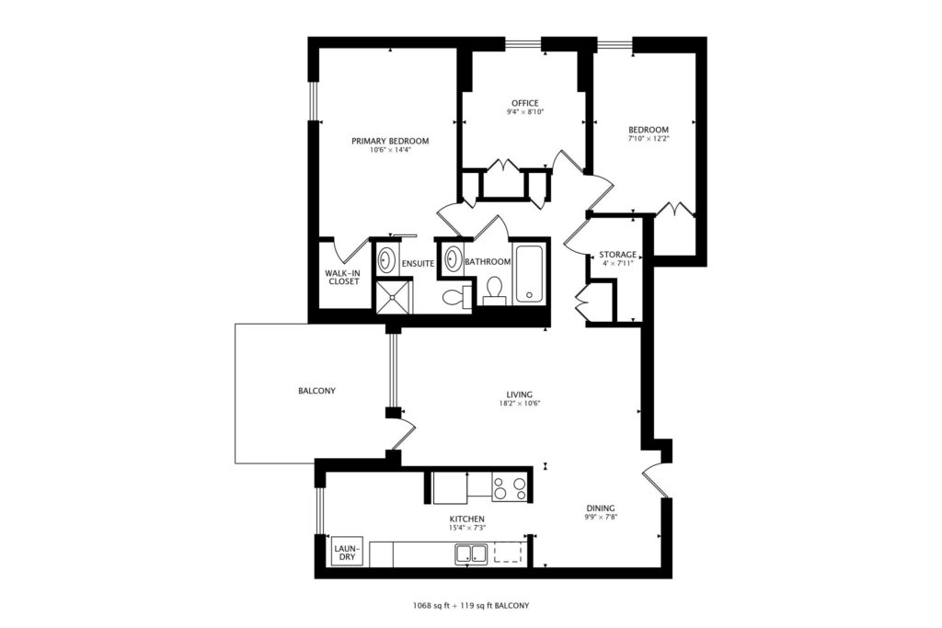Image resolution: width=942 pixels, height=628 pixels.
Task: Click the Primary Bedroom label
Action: (390, 141)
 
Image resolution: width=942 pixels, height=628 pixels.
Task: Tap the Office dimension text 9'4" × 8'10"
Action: (525, 111)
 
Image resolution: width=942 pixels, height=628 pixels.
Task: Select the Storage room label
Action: (617, 255)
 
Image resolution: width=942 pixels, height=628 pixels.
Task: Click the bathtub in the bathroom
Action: (529, 273)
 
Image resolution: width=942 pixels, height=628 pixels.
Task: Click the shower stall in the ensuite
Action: (394, 297)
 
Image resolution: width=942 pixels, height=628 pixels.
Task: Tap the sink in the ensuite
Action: (386, 260)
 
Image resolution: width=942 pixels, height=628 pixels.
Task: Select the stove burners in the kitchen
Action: (509, 487)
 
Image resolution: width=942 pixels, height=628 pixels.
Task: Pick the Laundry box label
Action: (347, 553)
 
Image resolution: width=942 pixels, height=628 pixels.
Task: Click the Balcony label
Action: (316, 391)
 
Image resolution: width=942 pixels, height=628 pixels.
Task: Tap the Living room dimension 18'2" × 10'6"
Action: (520, 404)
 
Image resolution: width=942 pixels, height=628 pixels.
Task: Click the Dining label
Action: (601, 508)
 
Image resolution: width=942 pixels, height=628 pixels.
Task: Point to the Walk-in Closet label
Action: (343, 277)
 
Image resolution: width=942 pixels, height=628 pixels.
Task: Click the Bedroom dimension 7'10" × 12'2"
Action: (649, 138)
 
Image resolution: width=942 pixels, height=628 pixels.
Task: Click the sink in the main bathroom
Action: (453, 259)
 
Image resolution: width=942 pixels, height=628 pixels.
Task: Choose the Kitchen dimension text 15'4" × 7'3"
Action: (466, 528)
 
